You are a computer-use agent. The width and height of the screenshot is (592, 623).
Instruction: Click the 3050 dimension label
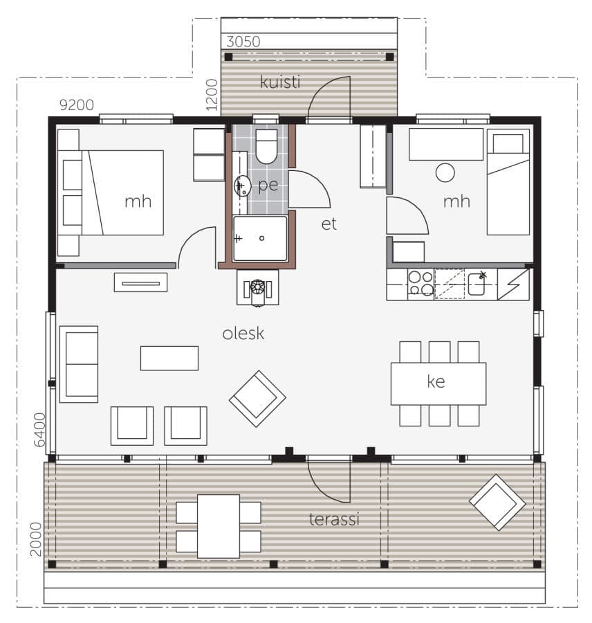[243, 42]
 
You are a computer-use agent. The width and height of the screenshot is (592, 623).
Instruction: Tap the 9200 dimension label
[77, 105]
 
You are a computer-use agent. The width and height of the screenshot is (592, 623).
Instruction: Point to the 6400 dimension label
[39, 430]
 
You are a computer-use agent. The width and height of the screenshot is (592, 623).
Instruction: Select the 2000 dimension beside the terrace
[36, 539]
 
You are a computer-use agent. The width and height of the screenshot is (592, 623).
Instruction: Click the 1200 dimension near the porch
[212, 95]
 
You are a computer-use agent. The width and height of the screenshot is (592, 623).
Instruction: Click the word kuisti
[280, 82]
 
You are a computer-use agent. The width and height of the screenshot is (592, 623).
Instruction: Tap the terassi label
[334, 519]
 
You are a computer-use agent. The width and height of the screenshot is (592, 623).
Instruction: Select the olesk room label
[243, 333]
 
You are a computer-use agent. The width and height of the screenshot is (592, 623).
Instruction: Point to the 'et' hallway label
[329, 224]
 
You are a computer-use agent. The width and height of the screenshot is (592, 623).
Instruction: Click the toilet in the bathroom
[266, 146]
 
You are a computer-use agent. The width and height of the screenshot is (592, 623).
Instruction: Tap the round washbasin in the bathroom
[242, 186]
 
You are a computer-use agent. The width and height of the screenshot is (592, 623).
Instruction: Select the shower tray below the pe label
[260, 238]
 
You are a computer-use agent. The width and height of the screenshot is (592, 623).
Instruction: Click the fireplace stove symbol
[258, 287]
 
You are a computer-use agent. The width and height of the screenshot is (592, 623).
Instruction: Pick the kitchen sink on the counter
[476, 284]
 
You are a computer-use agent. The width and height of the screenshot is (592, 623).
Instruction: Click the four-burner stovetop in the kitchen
[421, 283]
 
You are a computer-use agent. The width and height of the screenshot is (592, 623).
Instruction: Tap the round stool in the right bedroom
[445, 173]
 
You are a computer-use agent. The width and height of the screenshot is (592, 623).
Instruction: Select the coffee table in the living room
[169, 359]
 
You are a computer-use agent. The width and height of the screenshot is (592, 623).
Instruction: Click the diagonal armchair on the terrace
[497, 503]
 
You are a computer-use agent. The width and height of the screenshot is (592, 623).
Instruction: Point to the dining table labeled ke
[438, 383]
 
